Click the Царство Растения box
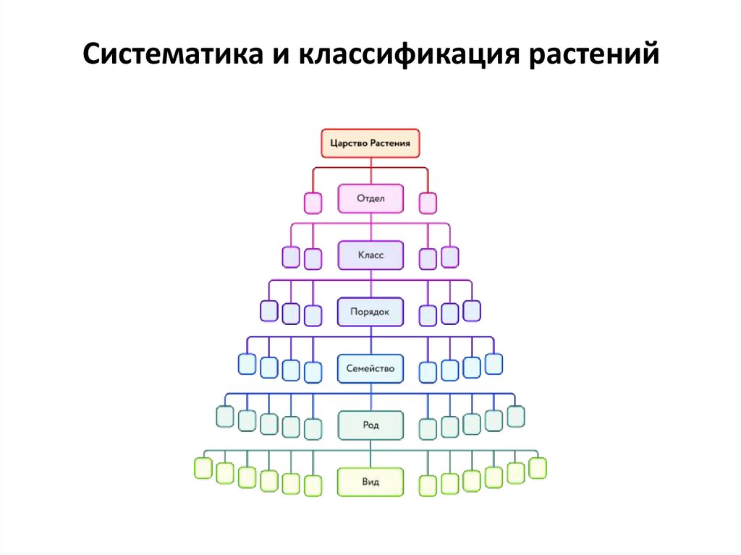tap(370, 143)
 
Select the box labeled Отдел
tap(370, 198)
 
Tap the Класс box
tap(370, 255)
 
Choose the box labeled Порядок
tap(370, 312)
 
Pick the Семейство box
tap(370, 368)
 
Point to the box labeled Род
tap(370, 425)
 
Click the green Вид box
tap(370, 481)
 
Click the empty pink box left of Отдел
tap(313, 203)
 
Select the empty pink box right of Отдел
tap(428, 203)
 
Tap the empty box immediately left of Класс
tap(313, 258)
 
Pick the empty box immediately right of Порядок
tap(428, 315)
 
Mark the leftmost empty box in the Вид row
tap(203, 468)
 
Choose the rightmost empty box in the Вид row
tap(538, 468)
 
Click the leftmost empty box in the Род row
tap(225, 417)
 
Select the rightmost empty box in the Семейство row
tap(494, 363)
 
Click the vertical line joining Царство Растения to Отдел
tap(370, 171)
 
